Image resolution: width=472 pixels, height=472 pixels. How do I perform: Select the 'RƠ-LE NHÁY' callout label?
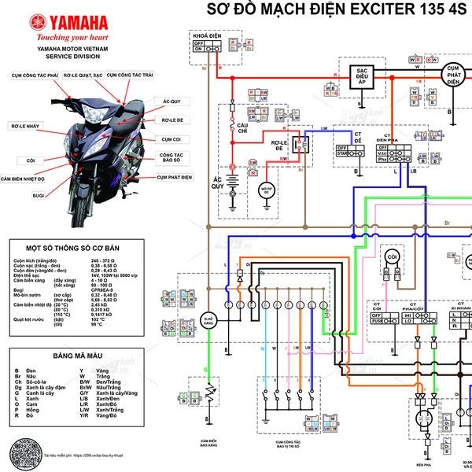pyautogui.click(x=24, y=125)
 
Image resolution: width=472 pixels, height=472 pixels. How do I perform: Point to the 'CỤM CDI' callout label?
pyautogui.click(x=171, y=138)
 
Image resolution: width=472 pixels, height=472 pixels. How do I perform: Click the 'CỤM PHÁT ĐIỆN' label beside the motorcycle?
pyautogui.click(x=174, y=178)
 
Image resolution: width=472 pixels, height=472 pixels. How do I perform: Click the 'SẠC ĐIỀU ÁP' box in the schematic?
pyautogui.click(x=360, y=76)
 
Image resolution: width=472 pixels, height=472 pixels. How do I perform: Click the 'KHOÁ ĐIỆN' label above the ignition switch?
pyautogui.click(x=206, y=36)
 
